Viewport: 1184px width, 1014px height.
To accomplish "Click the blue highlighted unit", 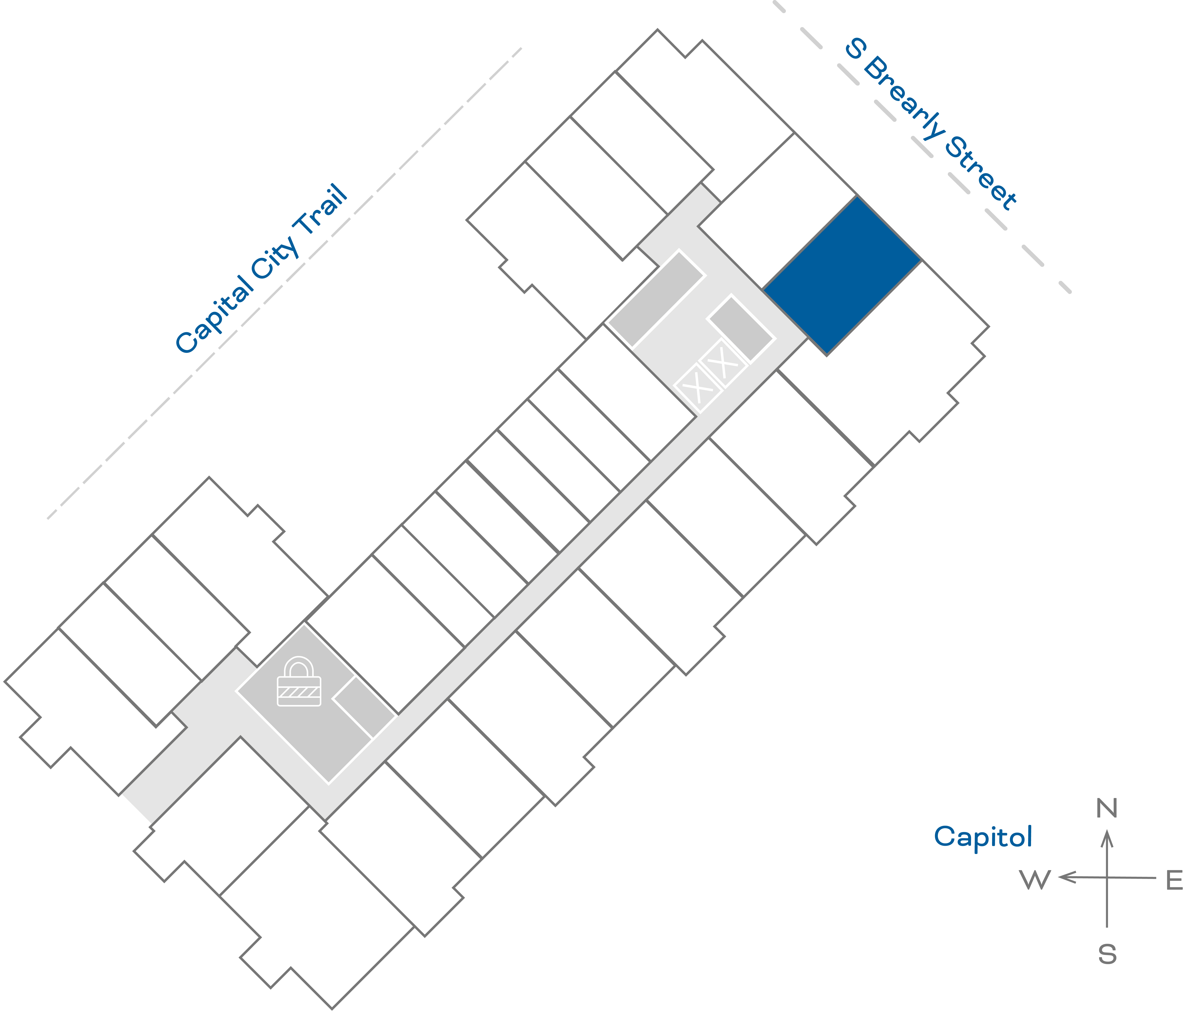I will pyautogui.click(x=842, y=275).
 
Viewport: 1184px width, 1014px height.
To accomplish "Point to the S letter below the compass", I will pyautogui.click(x=1107, y=955).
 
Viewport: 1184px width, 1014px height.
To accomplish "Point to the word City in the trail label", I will pyautogui.click(x=275, y=257).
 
